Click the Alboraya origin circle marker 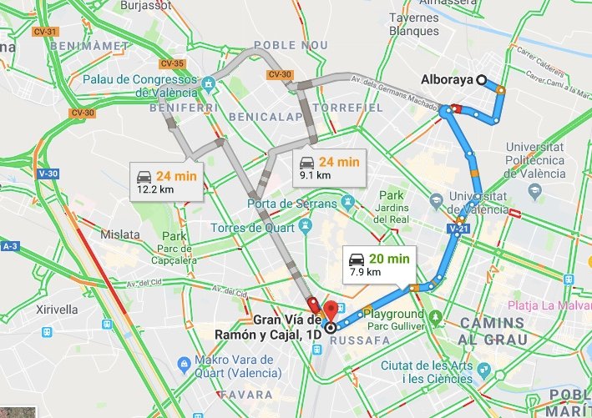pos(482,80)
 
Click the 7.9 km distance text pos(364,272)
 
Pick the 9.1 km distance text pos(315,175)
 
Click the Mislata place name pos(119,234)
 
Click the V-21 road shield pos(457,228)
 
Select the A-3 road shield pos(10,247)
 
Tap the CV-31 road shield pos(46,32)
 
